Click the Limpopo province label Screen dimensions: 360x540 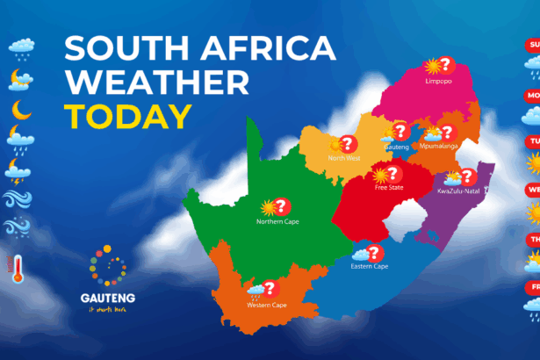[x=437, y=81]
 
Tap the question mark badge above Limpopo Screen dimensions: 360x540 [x=445, y=65]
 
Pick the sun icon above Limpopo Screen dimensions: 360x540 [x=431, y=66]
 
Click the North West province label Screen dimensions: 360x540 [x=344, y=158]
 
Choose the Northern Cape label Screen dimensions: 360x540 [x=277, y=222]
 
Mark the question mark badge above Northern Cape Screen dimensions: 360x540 [x=282, y=206]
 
